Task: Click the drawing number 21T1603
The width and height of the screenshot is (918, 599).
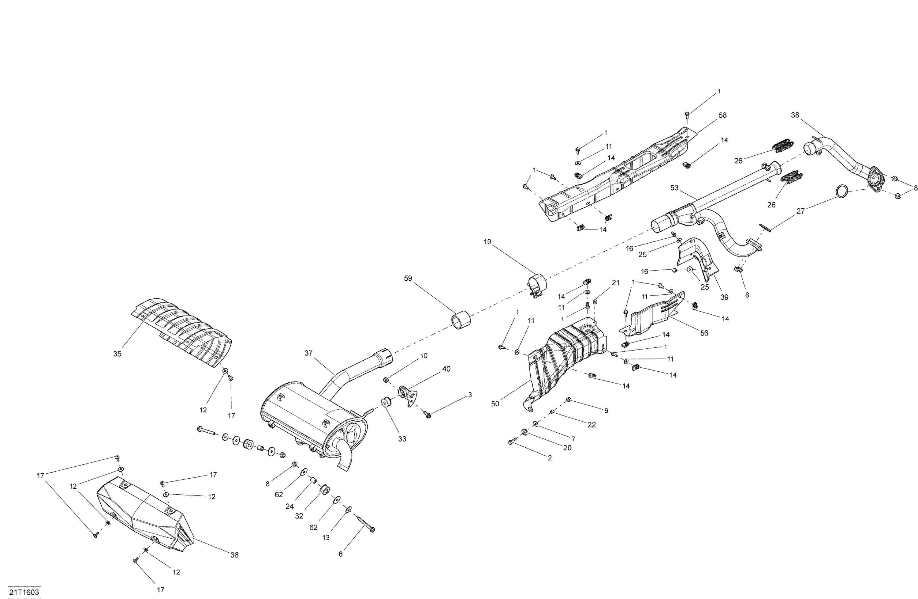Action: [24, 592]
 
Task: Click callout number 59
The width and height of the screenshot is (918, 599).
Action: [408, 279]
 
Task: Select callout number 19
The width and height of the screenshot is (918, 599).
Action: [487, 242]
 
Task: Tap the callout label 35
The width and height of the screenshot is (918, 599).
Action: [117, 354]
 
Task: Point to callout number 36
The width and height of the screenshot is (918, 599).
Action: [234, 555]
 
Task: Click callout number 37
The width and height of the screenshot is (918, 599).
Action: [308, 353]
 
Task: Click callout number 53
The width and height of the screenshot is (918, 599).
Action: [674, 188]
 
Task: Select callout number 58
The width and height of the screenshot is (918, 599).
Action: [722, 115]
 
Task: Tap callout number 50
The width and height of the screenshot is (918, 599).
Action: [495, 404]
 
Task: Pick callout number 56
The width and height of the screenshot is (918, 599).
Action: [704, 333]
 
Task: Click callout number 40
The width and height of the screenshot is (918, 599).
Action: [446, 369]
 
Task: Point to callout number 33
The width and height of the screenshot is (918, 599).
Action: [402, 439]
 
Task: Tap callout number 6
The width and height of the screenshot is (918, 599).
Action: [341, 554]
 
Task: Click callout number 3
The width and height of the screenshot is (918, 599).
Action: [470, 395]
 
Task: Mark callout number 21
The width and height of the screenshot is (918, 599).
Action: [616, 283]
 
